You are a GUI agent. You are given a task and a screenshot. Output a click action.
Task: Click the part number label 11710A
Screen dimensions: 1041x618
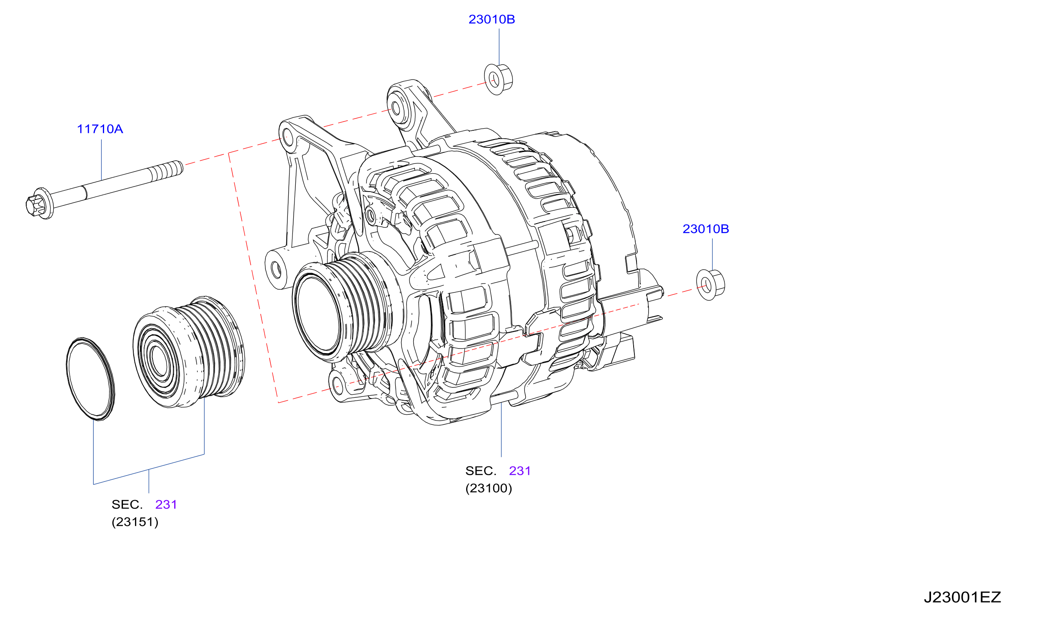pyautogui.click(x=100, y=129)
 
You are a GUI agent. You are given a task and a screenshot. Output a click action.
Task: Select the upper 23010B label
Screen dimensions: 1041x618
pyautogui.click(x=492, y=20)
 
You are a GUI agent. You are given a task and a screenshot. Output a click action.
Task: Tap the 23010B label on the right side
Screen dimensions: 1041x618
pyautogui.click(x=706, y=229)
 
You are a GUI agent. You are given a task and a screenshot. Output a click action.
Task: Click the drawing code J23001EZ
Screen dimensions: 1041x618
pyautogui.click(x=962, y=597)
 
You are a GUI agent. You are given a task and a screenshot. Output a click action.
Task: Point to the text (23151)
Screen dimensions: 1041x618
pyautogui.click(x=135, y=522)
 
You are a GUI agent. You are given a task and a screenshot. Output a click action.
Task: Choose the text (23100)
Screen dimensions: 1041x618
pyautogui.click(x=489, y=488)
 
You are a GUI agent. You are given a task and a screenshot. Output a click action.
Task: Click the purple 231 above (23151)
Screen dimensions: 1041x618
pyautogui.click(x=166, y=504)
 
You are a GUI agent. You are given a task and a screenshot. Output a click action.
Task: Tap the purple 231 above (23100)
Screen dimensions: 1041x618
pyautogui.click(x=520, y=471)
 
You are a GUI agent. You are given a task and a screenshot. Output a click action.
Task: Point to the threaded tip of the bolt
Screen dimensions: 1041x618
pyautogui.click(x=167, y=171)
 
